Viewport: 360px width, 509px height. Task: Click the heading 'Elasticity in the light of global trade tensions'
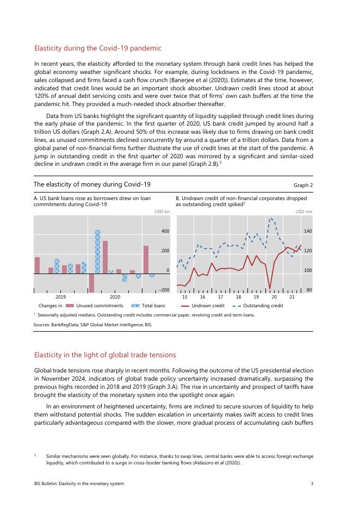pos(105,355)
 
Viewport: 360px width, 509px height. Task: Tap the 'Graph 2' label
pos(303,185)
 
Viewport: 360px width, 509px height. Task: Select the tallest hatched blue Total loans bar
pos(97,251)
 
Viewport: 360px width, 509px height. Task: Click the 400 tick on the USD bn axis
pos(165,232)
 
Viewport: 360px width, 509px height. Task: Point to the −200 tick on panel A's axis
pos(164,290)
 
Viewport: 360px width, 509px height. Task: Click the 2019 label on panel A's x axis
pos(60,297)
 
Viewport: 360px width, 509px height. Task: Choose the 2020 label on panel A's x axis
pos(115,297)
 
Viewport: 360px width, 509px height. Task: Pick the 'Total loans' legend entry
pos(153,306)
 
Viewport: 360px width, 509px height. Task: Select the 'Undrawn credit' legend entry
pos(207,306)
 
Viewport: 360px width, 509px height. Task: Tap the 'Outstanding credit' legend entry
pos(262,306)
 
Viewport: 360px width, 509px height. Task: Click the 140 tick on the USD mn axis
pos(308,232)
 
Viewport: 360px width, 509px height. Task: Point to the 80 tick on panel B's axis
pos(309,290)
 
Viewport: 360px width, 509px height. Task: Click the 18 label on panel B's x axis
pos(238,297)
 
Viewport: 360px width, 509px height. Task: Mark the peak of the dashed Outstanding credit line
pos(271,218)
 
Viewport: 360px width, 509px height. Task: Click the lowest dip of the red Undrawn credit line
pos(270,288)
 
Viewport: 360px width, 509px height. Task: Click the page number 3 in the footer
pos(312,483)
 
